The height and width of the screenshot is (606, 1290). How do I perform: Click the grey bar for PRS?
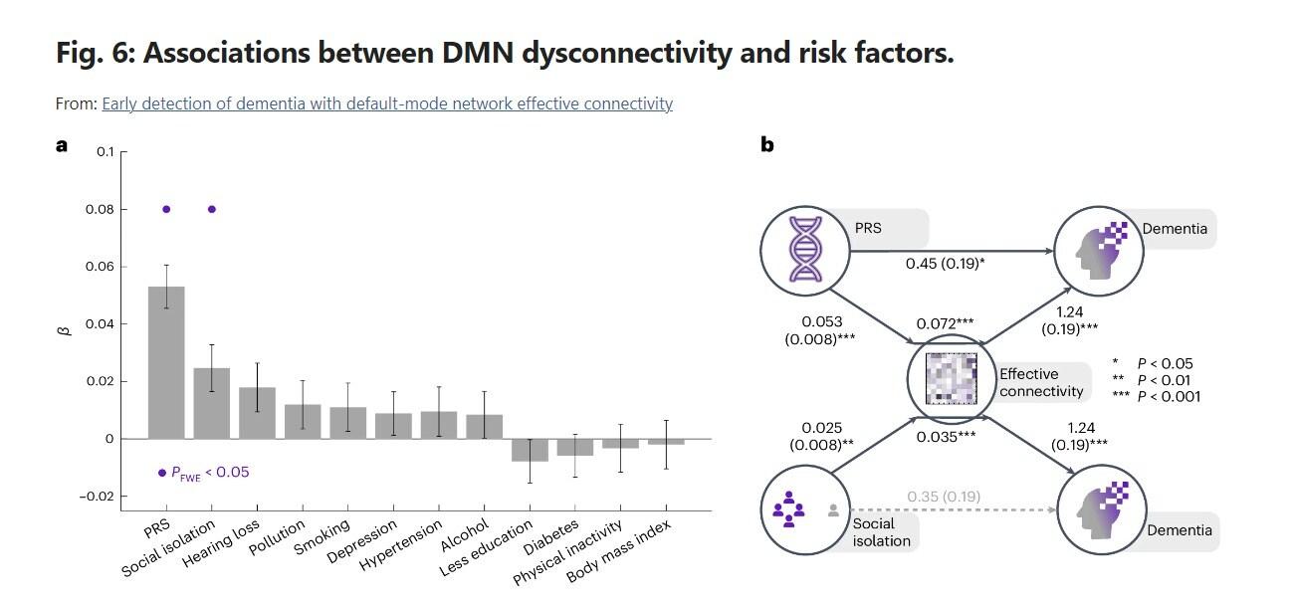(x=166, y=362)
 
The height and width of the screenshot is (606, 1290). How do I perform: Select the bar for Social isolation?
(x=211, y=403)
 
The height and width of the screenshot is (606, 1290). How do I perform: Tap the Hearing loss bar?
(x=257, y=413)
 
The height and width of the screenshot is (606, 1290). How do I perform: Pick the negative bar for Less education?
(x=530, y=450)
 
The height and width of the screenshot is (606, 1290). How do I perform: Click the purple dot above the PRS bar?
(x=166, y=209)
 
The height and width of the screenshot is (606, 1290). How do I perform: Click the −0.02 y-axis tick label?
(x=99, y=497)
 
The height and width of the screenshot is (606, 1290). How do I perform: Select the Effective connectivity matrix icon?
(x=951, y=379)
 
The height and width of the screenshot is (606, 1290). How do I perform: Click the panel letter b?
(x=767, y=144)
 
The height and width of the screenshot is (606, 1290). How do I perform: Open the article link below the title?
(x=387, y=103)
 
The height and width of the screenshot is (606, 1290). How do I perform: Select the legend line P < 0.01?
(x=1155, y=380)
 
